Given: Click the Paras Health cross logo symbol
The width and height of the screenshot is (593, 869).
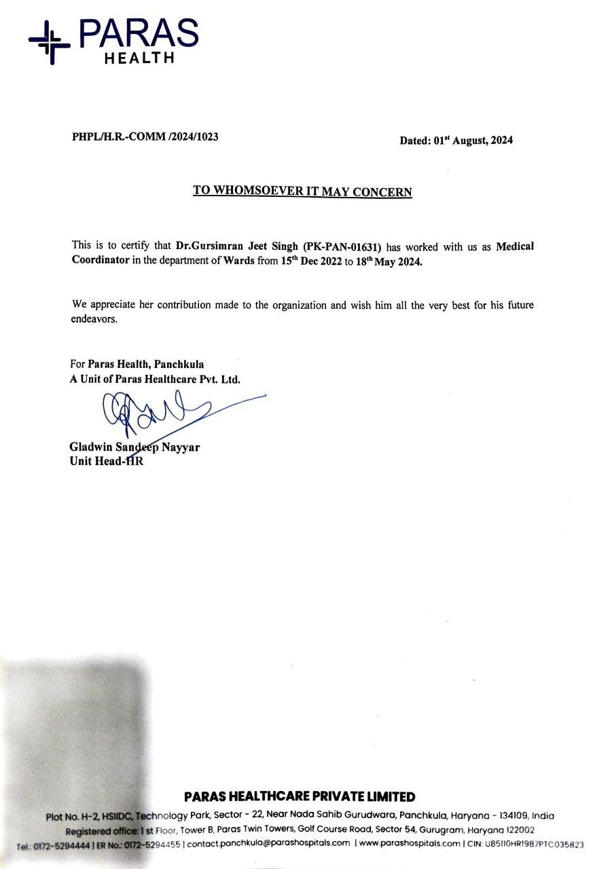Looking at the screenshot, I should click(x=49, y=41).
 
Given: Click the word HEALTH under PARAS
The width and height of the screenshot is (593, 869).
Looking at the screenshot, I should click(x=139, y=58).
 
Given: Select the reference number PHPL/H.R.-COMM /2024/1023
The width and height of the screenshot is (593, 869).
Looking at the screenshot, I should click(x=145, y=136).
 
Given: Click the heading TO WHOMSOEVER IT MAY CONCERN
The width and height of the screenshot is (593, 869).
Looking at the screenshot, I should click(x=302, y=191).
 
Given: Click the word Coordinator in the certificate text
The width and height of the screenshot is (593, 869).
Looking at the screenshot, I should click(x=101, y=261).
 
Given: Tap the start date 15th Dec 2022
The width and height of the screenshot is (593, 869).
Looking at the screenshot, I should click(x=311, y=261).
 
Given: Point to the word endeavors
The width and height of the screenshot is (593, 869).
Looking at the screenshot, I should click(x=94, y=320).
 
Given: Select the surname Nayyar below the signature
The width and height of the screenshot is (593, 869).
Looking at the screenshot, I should click(x=180, y=448).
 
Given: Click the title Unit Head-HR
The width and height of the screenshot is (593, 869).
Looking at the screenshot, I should click(x=107, y=462).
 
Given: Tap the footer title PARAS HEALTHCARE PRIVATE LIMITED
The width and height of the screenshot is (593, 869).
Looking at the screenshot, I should click(x=300, y=796).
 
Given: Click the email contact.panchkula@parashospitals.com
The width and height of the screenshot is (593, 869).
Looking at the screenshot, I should click(x=269, y=843).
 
